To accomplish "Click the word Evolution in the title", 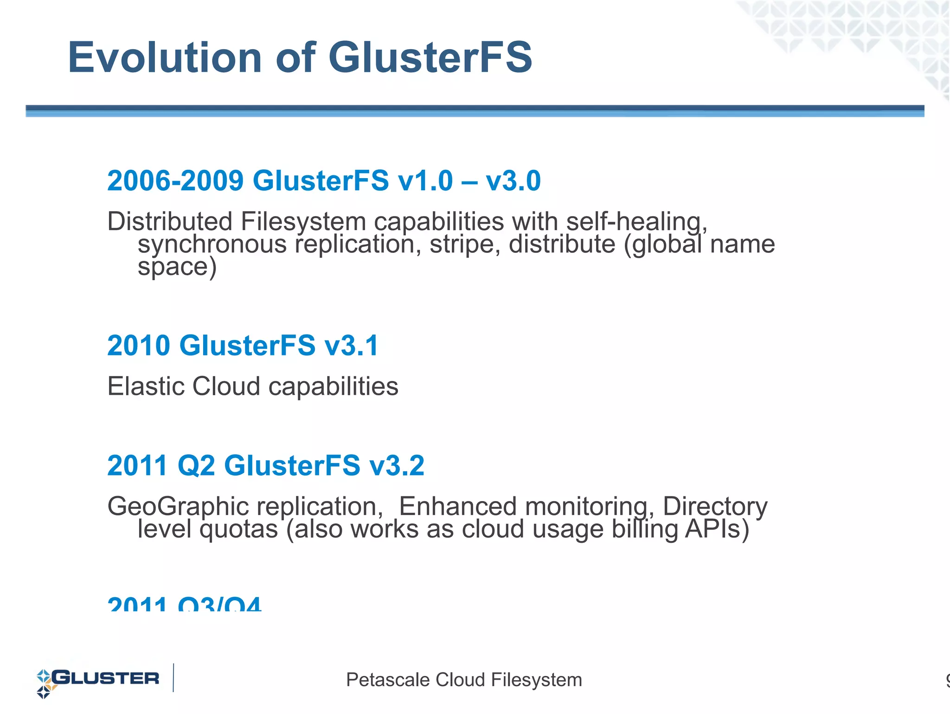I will pyautogui.click(x=165, y=58).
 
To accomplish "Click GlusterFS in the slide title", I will pyautogui.click(x=430, y=58).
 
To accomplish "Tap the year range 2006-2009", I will pyautogui.click(x=175, y=180).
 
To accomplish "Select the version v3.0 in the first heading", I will pyautogui.click(x=513, y=180).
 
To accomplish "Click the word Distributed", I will pyautogui.click(x=170, y=221).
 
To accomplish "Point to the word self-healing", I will pyautogui.click(x=636, y=221).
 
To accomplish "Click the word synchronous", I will pyautogui.click(x=212, y=244).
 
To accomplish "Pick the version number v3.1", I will pyautogui.click(x=352, y=346).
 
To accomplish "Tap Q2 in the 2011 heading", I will pyautogui.click(x=197, y=465).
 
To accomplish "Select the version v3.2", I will pyautogui.click(x=397, y=465).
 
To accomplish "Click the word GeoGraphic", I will pyautogui.click(x=178, y=506).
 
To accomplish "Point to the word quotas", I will pyautogui.click(x=238, y=529).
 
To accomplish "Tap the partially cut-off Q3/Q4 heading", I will pyautogui.click(x=220, y=604).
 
